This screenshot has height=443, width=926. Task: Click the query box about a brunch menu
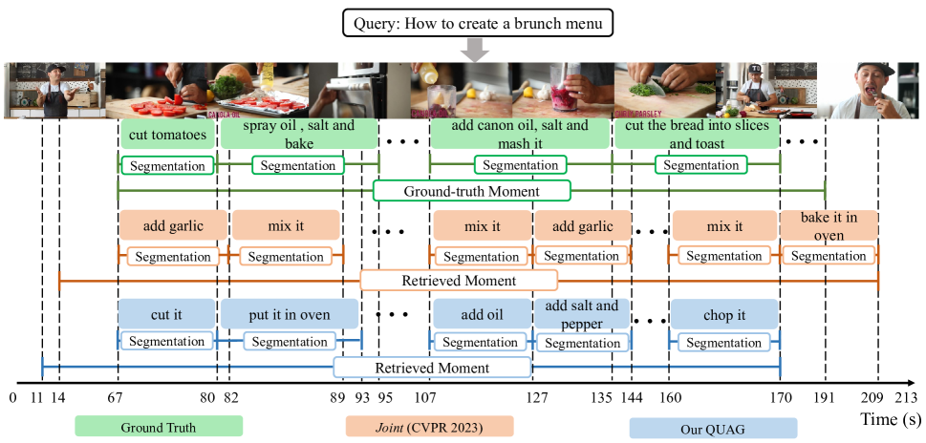pyautogui.click(x=477, y=21)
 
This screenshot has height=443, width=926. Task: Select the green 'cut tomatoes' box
pyautogui.click(x=167, y=135)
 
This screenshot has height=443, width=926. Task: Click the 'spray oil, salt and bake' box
pyautogui.click(x=298, y=135)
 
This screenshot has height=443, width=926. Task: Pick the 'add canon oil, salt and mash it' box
pyautogui.click(x=520, y=135)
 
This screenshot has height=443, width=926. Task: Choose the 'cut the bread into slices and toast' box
pyautogui.click(x=697, y=135)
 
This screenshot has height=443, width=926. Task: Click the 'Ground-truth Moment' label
pyautogui.click(x=471, y=191)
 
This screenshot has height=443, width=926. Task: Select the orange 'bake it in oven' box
pyautogui.click(x=829, y=226)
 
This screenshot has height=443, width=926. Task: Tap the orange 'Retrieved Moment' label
pyautogui.click(x=459, y=281)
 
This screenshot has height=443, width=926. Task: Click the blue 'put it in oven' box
pyautogui.click(x=290, y=315)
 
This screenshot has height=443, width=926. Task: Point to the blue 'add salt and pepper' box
pyautogui.click(x=581, y=315)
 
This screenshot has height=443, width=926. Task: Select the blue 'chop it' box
pyautogui.click(x=724, y=315)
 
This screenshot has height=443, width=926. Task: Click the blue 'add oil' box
pyautogui.click(x=481, y=315)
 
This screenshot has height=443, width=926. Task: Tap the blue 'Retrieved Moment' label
pyautogui.click(x=432, y=368)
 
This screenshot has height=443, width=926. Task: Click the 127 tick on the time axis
pyautogui.click(x=538, y=398)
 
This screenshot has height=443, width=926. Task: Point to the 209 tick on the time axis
pyautogui.click(x=877, y=398)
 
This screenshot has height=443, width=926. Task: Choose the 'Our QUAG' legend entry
pyautogui.click(x=713, y=428)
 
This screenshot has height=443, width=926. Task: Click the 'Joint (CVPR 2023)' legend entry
pyautogui.click(x=429, y=427)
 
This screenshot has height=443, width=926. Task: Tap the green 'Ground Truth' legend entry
pyautogui.click(x=159, y=427)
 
